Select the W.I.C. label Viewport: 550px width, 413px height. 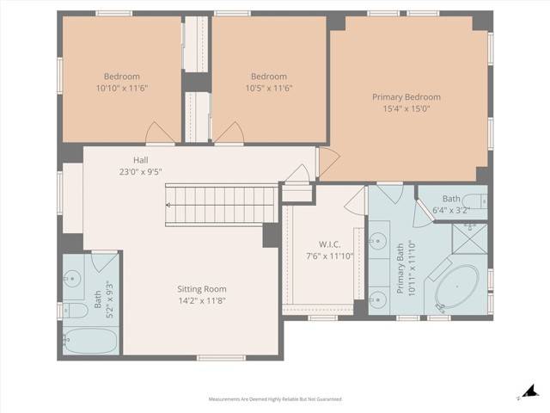pos(330,243)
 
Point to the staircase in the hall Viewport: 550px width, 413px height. pos(221,206)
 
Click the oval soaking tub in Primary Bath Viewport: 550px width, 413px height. pos(457,289)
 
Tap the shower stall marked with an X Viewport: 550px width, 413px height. pos(469,239)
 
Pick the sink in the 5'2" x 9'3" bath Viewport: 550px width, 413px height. pos(74,278)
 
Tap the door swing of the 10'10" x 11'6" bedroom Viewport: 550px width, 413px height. pos(161,133)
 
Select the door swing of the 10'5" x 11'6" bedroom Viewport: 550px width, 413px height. pos(228,133)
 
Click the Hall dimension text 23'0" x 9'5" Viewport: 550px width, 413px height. pos(141,171)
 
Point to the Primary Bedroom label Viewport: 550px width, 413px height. pos(406,97)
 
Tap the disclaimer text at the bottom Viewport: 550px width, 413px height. pos(275,399)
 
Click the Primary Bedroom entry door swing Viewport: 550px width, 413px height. pos(328,160)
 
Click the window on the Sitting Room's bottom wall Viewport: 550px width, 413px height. pos(221,357)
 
